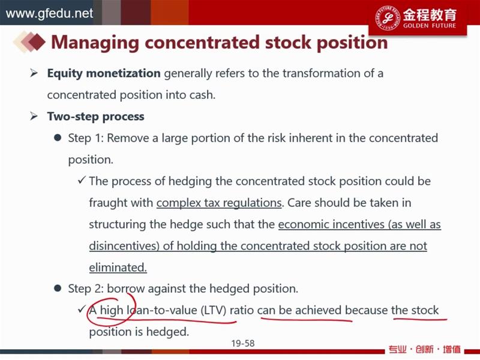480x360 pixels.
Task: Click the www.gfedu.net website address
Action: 49,13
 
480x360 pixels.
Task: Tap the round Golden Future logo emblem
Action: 388,17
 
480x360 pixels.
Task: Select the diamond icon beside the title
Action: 29,42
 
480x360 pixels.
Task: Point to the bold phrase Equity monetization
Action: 104,73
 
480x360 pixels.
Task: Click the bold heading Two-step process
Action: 95,116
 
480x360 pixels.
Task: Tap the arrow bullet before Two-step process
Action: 34,116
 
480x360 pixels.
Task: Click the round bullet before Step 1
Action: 58,138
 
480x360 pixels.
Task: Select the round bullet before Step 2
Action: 58,289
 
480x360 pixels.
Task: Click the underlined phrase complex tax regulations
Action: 219,203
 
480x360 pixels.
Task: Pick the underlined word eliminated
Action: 118,268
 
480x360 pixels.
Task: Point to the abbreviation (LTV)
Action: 214,310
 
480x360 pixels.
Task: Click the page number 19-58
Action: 243,343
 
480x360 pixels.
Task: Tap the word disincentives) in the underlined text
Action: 124,246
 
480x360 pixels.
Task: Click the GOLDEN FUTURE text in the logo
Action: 430,26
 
